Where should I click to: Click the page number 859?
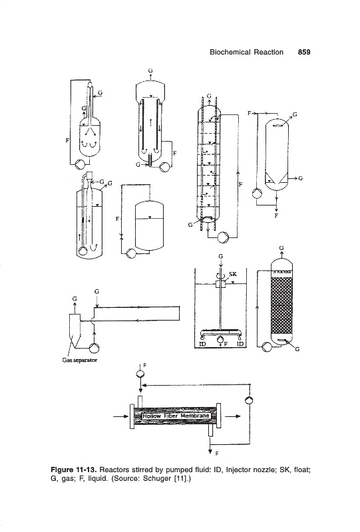304,52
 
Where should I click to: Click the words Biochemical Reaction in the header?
246,52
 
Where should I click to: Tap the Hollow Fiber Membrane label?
176,416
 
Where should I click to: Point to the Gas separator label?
80,360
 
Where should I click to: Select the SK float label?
233,274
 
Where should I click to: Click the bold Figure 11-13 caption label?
74,470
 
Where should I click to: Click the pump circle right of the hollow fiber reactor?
250,400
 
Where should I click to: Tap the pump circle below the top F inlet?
140,374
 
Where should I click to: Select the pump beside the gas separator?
94,348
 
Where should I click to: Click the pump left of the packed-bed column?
267,346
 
